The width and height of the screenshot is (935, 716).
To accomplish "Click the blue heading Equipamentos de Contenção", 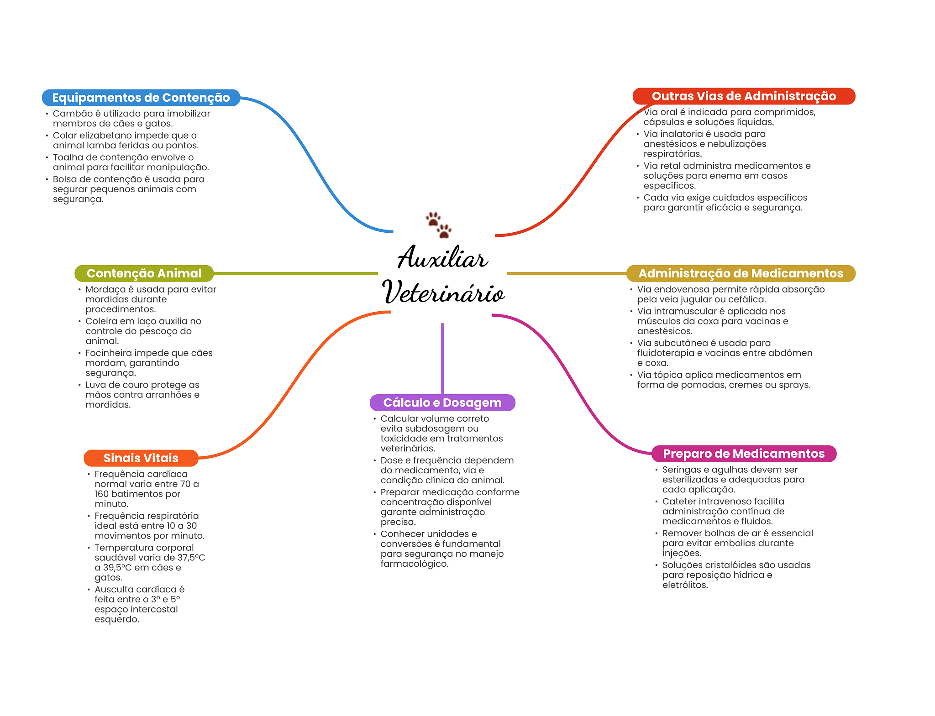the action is (x=141, y=98).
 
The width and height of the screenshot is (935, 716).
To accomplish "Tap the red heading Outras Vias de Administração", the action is (x=744, y=96).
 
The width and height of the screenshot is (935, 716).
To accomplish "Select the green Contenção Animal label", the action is (x=144, y=273).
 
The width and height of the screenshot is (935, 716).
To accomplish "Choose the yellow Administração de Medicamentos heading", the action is (x=741, y=273).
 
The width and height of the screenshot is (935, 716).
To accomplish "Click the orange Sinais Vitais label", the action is (x=141, y=458).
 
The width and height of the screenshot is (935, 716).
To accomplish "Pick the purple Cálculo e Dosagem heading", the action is (x=442, y=402).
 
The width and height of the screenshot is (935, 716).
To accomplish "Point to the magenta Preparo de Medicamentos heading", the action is (x=744, y=454).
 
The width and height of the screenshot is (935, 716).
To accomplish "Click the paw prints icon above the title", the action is (x=439, y=225).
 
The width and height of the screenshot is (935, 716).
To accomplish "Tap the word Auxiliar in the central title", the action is (x=443, y=257).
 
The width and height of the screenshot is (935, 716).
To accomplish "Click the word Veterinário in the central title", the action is (x=444, y=292).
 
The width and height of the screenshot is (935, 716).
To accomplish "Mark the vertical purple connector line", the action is (x=442, y=359).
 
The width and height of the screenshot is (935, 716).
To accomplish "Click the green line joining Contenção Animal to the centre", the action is (x=296, y=273).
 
